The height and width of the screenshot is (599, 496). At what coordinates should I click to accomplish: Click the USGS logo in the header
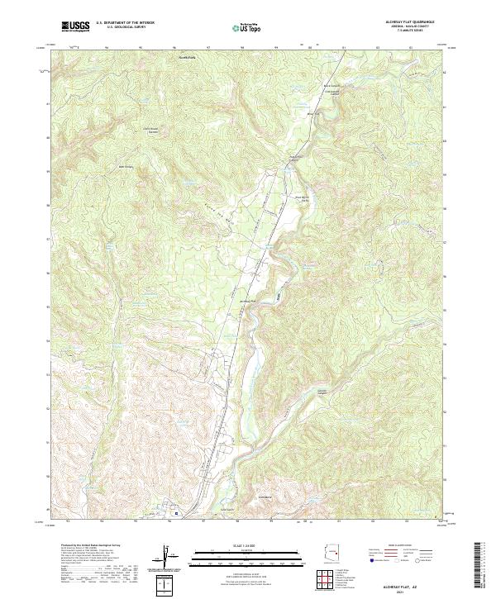click(76, 26)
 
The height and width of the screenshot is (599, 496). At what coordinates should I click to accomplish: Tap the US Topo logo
click(247, 27)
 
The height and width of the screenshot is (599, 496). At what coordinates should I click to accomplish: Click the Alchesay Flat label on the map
click(249, 300)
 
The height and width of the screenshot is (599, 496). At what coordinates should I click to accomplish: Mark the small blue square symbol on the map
click(174, 513)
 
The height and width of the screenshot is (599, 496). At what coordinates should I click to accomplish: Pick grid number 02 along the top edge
click(376, 48)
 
